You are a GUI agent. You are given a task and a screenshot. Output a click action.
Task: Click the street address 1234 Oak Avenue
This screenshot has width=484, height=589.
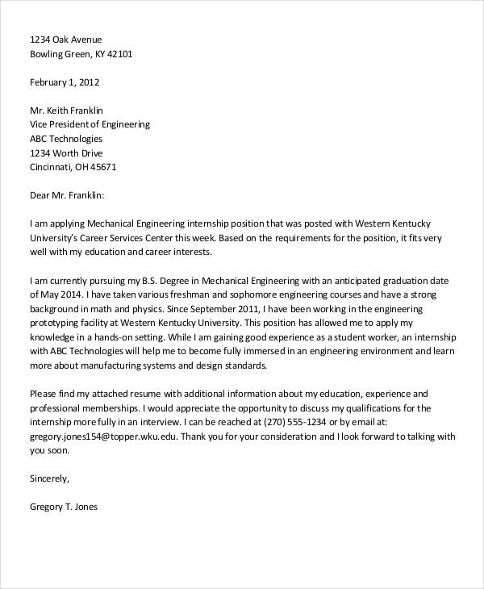click(x=66, y=40)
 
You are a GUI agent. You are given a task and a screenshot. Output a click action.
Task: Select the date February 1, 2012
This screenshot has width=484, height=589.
click(x=65, y=82)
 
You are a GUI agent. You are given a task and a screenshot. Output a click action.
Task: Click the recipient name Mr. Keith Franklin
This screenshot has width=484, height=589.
click(x=67, y=110)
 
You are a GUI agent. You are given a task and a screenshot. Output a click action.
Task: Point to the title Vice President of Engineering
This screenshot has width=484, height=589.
click(x=90, y=124)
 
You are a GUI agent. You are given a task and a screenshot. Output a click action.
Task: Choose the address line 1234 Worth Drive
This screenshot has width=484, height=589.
click(x=66, y=153)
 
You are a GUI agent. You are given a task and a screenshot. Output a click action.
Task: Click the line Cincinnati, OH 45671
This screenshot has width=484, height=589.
click(x=73, y=168)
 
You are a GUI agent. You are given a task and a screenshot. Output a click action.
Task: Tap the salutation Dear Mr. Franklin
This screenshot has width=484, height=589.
click(x=67, y=195)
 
